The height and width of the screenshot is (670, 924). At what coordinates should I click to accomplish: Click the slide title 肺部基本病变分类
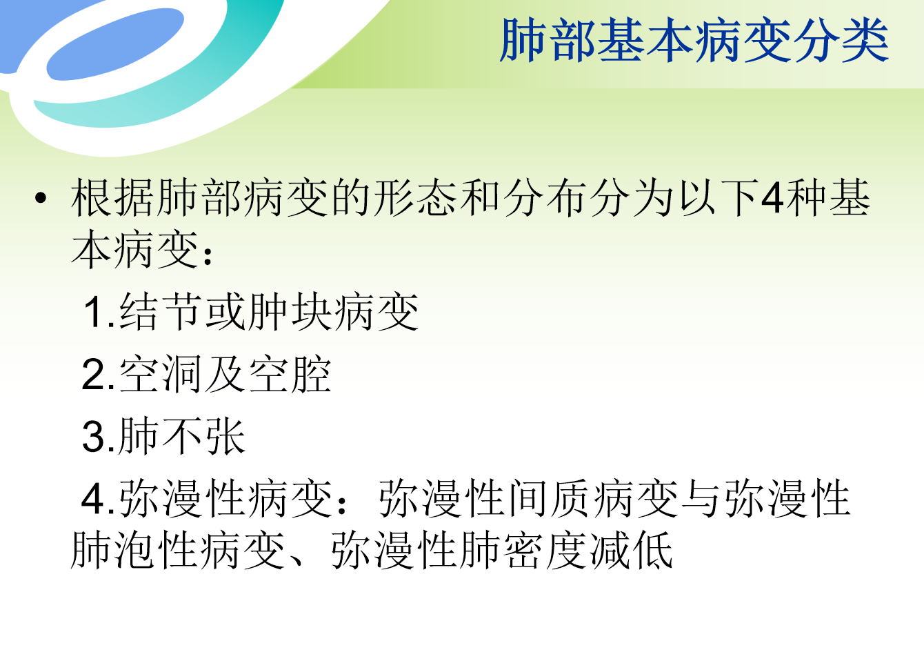click(x=694, y=40)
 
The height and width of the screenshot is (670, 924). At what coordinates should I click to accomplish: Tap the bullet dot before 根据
click(x=41, y=198)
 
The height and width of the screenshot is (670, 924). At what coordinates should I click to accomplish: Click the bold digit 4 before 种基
click(x=772, y=199)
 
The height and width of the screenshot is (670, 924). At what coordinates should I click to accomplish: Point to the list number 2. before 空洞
click(x=98, y=375)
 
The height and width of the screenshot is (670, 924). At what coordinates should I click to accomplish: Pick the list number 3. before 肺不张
click(x=98, y=437)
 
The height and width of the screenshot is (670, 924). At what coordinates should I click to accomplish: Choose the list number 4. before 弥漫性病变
click(x=98, y=500)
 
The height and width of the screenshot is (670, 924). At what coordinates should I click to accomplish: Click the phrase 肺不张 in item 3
click(x=182, y=436)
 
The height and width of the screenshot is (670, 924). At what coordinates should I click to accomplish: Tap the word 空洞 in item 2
click(x=161, y=374)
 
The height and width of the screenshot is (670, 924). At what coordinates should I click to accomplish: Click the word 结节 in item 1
click(x=161, y=312)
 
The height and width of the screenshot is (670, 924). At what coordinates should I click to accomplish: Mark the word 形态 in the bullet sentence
click(x=416, y=198)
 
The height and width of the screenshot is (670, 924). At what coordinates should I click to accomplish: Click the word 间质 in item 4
click(x=548, y=499)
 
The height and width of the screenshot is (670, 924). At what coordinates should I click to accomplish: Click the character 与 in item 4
click(x=701, y=499)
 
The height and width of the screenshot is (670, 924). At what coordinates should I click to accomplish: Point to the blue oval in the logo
click(x=115, y=43)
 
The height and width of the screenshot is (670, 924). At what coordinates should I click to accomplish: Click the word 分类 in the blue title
click(x=841, y=40)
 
